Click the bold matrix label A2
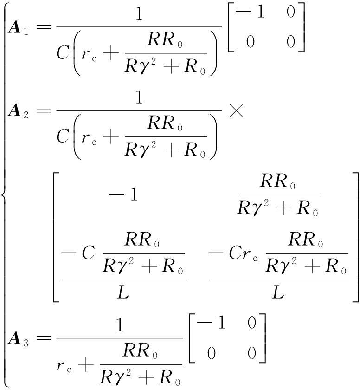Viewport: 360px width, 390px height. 18,112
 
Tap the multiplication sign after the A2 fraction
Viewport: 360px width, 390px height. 236,112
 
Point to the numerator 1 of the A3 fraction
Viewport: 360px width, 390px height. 120,325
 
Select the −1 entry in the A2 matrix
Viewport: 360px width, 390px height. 123,195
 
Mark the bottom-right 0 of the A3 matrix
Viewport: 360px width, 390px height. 251,354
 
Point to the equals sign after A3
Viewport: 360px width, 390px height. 43,338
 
